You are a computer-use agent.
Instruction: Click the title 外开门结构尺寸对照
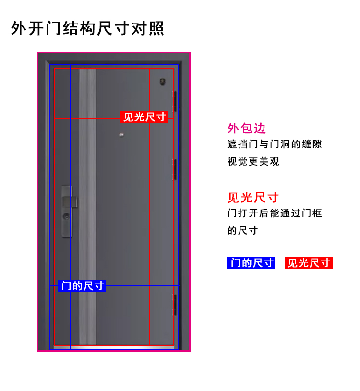pos(87,28)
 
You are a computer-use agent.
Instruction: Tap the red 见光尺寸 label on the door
pos(144,117)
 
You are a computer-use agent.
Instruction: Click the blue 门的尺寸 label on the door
pos(82,286)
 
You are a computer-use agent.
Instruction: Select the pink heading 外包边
pos(246,128)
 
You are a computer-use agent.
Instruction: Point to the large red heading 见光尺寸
pos(253,197)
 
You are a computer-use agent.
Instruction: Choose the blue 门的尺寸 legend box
pos(251,263)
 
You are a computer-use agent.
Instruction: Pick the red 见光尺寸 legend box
pos(309,263)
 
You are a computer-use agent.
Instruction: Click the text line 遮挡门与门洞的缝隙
pos(274,144)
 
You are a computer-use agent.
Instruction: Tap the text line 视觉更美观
pos(253,161)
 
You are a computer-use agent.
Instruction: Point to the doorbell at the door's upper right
pos(162,83)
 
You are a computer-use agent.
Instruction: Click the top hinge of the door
pos(175,102)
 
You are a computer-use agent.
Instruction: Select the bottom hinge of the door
pos(175,306)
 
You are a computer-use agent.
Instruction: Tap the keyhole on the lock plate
pos(66,217)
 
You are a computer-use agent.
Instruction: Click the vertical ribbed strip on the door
pos(88,206)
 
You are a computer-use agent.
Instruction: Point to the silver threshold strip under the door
pos(113,346)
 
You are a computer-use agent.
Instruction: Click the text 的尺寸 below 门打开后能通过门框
pos(242,230)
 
